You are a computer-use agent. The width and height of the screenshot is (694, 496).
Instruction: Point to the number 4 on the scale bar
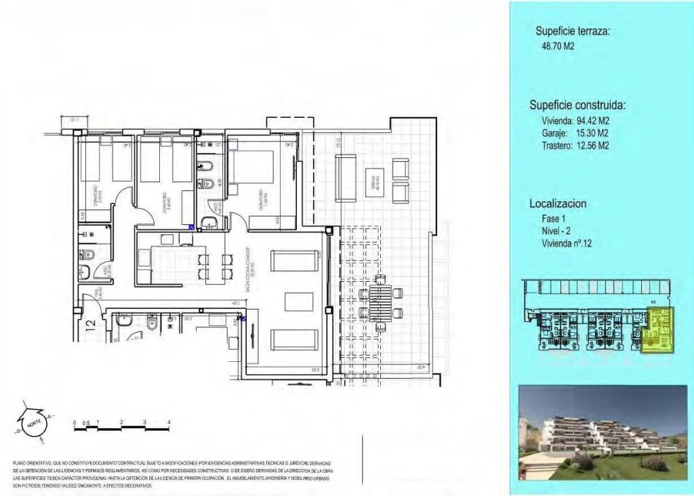[x=168, y=422]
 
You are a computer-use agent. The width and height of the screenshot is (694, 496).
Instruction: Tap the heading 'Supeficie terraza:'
[x=573, y=31]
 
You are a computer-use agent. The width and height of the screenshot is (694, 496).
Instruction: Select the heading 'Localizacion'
[x=558, y=203]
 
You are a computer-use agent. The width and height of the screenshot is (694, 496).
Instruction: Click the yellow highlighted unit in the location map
[x=659, y=330]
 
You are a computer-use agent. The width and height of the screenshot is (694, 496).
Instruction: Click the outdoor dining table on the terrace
[x=380, y=302]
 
